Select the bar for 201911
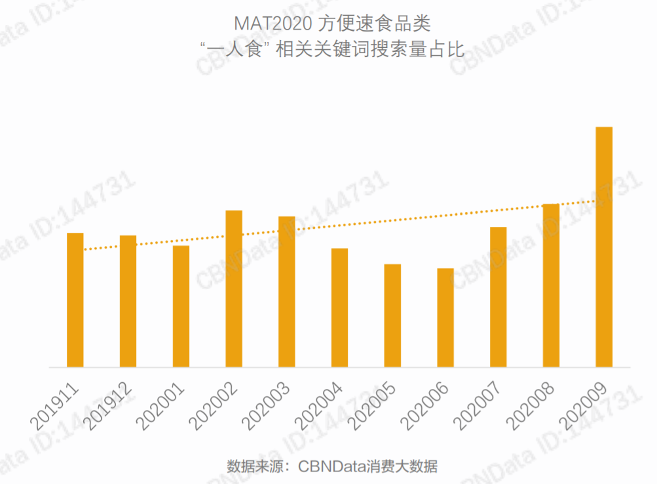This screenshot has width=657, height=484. [75, 300]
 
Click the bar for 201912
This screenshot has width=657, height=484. [128, 301]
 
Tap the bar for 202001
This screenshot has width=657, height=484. [181, 306]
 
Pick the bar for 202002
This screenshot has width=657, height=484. [234, 289]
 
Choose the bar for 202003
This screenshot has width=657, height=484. [287, 292]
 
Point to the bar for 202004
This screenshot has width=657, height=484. [339, 308]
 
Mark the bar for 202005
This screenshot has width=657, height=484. [392, 315]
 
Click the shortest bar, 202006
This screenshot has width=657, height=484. [445, 317]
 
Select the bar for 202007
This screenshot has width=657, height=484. [498, 297]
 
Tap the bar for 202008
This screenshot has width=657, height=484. [551, 285]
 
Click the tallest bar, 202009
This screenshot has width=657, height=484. [604, 247]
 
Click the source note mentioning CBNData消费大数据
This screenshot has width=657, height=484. [332, 467]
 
